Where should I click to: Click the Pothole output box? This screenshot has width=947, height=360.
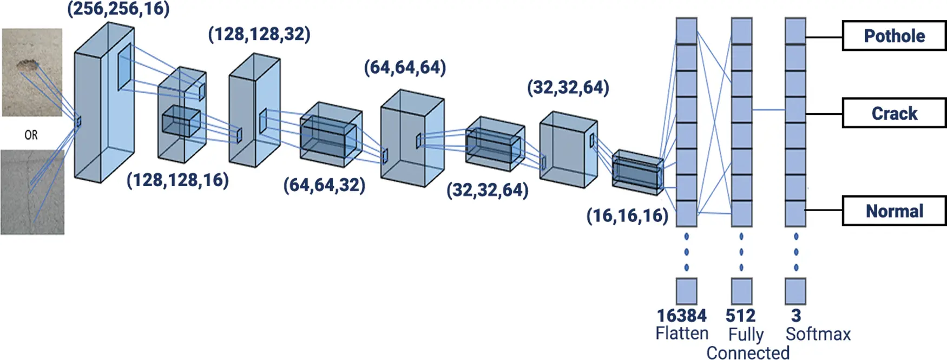point(894,36)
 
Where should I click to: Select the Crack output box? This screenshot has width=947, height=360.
point(894,113)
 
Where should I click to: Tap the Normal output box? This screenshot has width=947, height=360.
point(894,211)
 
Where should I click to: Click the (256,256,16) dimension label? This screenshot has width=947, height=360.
point(119,9)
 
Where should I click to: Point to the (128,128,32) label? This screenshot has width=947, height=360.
point(259,34)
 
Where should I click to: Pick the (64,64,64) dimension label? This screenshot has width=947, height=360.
point(405,68)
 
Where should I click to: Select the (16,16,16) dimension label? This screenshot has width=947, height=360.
point(627,215)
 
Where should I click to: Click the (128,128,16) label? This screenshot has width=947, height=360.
point(177,180)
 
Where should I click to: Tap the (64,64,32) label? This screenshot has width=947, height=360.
point(324,185)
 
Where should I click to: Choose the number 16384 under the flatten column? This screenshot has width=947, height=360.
point(681,316)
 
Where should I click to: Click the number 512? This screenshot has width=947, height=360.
point(740,316)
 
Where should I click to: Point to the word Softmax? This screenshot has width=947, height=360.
point(818,334)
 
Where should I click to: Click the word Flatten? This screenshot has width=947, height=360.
point(682,333)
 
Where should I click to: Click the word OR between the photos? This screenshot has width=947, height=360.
point(31,135)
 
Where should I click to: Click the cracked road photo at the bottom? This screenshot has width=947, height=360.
point(32,192)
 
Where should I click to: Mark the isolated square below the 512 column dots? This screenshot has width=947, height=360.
point(741,291)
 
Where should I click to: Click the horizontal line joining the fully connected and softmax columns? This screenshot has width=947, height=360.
point(768,110)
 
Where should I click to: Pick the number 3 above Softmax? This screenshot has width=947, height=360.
point(795,316)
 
